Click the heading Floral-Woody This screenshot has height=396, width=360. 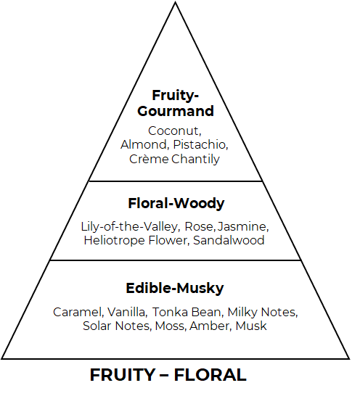pos(176,204)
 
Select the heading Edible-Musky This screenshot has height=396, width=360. pos(175,289)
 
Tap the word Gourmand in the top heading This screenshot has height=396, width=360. pos(176,111)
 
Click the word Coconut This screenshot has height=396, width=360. pos(174,131)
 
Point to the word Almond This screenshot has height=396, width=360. pos(144,145)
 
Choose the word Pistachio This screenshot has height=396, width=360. pos(201,145)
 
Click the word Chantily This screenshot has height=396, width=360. pos(195,160)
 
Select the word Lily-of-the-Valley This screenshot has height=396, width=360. pos(130,227)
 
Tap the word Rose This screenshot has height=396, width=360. pos(200,227)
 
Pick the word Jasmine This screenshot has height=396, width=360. pos(242,227)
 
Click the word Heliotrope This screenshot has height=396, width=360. pos(114,241)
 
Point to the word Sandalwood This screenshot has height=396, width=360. pos(229,240)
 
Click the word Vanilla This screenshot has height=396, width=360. pos(127,312)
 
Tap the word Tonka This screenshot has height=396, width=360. pos(170,312)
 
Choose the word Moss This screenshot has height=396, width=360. pos(171,326)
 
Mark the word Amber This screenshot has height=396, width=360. pos(210,326)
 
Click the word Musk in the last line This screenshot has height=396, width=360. pos(251,326)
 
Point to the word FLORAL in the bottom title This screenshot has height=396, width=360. pos(210,375)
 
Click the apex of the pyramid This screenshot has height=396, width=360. pos(175,2)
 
